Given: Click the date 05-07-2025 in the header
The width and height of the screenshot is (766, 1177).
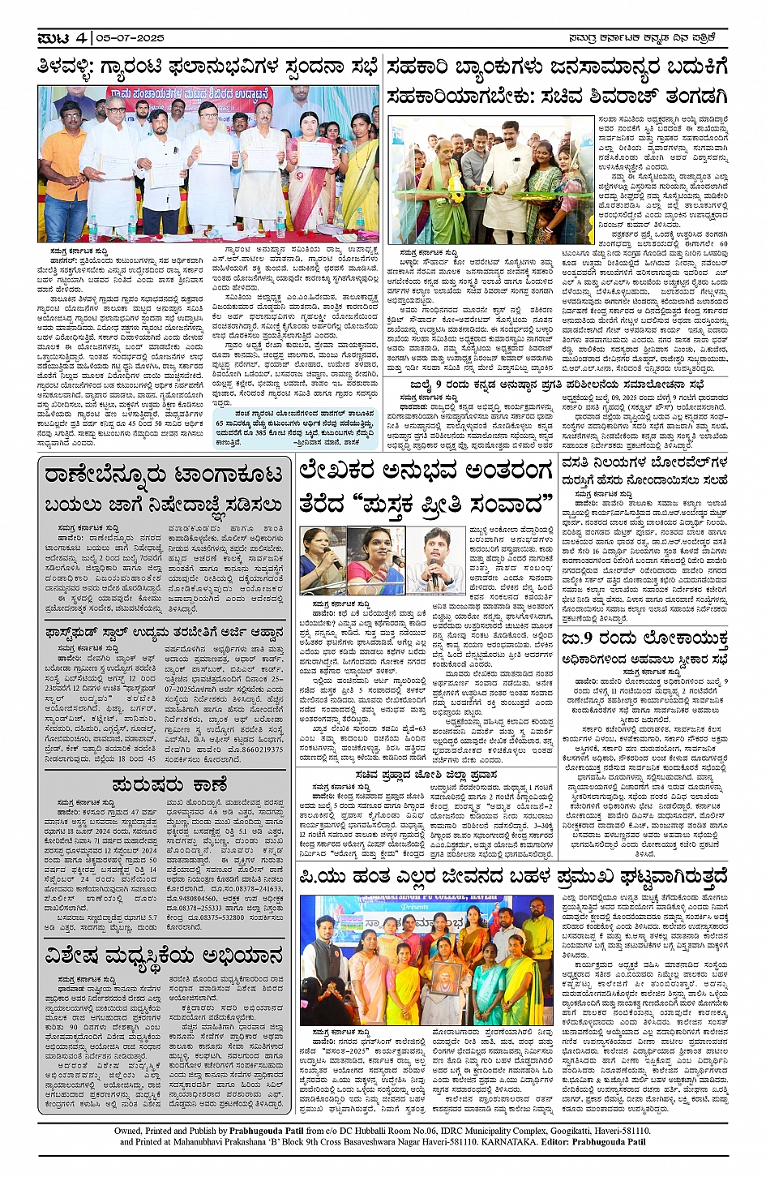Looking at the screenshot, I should coord(130,38).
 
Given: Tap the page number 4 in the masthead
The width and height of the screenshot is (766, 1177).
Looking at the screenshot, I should coord(81,38).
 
